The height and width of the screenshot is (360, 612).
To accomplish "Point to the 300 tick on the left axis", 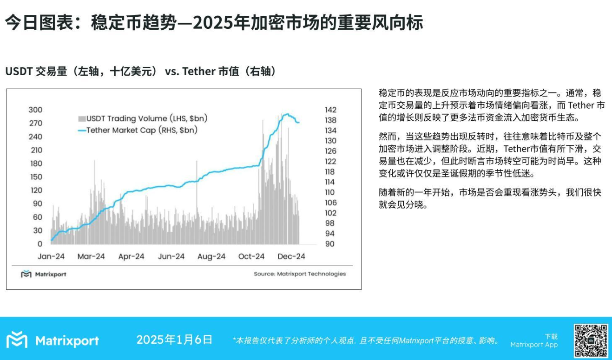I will pyautogui.click(x=36, y=110).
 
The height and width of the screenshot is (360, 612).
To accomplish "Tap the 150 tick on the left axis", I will pyautogui.click(x=36, y=177).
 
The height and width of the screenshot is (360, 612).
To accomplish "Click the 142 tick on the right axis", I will pyautogui.click(x=330, y=110).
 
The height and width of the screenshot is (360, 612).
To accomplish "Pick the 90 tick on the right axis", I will pyautogui.click(x=329, y=244).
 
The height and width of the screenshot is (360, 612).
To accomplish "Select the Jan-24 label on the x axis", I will pyautogui.click(x=51, y=256).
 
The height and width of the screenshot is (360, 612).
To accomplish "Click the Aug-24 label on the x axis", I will pyautogui.click(x=211, y=256).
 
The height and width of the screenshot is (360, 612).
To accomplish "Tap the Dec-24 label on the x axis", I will pyautogui.click(x=291, y=256).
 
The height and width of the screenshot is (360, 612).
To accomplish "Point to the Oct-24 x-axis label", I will pyautogui.click(x=251, y=256).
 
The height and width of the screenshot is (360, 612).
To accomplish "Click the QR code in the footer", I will pyautogui.click(x=591, y=340).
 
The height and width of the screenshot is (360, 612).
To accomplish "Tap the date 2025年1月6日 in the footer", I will pyautogui.click(x=174, y=340).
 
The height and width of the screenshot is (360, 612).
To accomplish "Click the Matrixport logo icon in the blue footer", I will pyautogui.click(x=17, y=340).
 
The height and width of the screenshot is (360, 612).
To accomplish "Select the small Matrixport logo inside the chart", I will pyautogui.click(x=26, y=274).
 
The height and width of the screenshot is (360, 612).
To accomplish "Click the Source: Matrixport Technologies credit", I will pyautogui.click(x=300, y=274).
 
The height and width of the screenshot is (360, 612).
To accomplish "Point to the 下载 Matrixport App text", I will pyautogui.click(x=534, y=341).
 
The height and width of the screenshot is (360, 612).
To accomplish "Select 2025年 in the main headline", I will pyautogui.click(x=214, y=22).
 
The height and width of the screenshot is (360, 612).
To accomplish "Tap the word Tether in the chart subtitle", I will pyautogui.click(x=198, y=72).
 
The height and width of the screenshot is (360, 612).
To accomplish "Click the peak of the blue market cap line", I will pyautogui.click(x=286, y=114).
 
